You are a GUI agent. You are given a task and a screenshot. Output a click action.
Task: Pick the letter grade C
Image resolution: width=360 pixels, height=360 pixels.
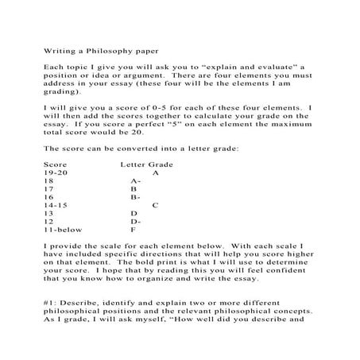click(156, 205)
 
